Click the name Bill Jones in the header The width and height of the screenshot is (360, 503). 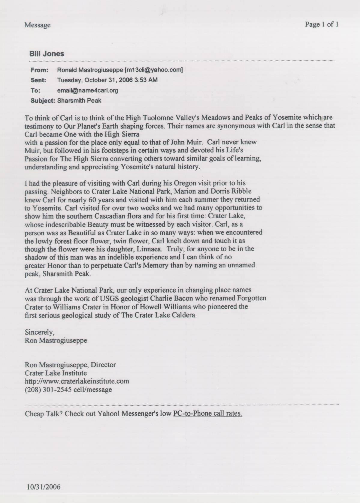pyautogui.click(x=47, y=54)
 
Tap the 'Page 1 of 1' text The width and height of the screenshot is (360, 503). pyautogui.click(x=322, y=25)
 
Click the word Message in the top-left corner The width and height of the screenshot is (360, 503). pyautogui.click(x=38, y=25)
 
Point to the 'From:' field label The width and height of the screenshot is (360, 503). pyautogui.click(x=39, y=70)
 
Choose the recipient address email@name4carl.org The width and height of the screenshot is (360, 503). pyautogui.click(x=88, y=90)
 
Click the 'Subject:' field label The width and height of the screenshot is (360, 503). pyautogui.click(x=43, y=101)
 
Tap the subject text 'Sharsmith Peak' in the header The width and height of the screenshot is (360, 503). pyautogui.click(x=79, y=101)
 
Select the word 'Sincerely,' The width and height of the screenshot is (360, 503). pyautogui.click(x=40, y=333)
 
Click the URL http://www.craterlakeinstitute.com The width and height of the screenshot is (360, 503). pyautogui.click(x=77, y=381)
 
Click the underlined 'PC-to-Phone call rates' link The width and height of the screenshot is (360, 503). pyautogui.click(x=207, y=413)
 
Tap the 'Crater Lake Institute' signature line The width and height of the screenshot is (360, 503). pyautogui.click(x=56, y=373)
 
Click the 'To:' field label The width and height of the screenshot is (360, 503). pyautogui.click(x=35, y=90)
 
